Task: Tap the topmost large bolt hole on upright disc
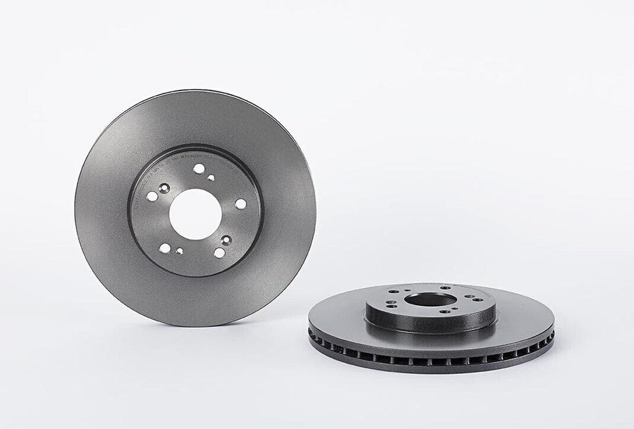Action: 198,168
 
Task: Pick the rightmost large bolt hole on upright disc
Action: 240,204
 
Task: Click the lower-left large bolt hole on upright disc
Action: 165,248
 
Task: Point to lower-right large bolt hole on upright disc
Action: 219,252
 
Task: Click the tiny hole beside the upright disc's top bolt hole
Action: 211,178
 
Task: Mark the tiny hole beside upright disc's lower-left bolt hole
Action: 179,251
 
